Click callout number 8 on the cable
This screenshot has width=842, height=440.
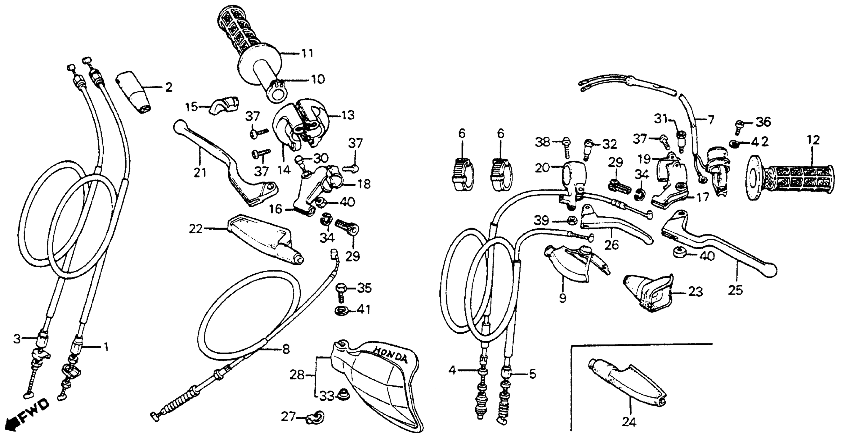tap(286, 349)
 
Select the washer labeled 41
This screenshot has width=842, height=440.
tap(341, 310)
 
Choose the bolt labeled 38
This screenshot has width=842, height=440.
tap(566, 146)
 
